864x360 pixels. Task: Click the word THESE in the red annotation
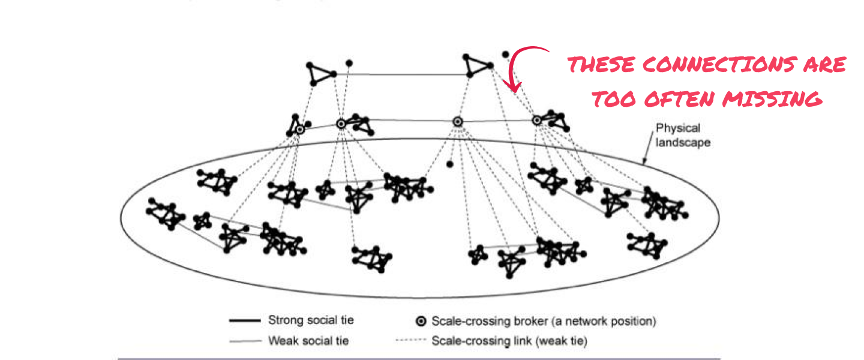point(602,65)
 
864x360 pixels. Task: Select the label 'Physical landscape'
point(678,135)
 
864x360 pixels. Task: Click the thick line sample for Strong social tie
point(244,320)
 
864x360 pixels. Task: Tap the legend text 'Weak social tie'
point(308,341)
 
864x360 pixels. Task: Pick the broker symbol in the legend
point(421,321)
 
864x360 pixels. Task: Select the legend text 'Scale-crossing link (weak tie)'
point(509,341)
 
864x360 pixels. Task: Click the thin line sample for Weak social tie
point(244,341)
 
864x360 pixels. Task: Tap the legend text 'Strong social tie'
point(310,320)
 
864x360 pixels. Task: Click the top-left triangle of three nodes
point(319,73)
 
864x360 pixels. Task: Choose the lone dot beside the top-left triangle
point(349,62)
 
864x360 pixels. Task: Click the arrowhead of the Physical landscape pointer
point(644,161)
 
